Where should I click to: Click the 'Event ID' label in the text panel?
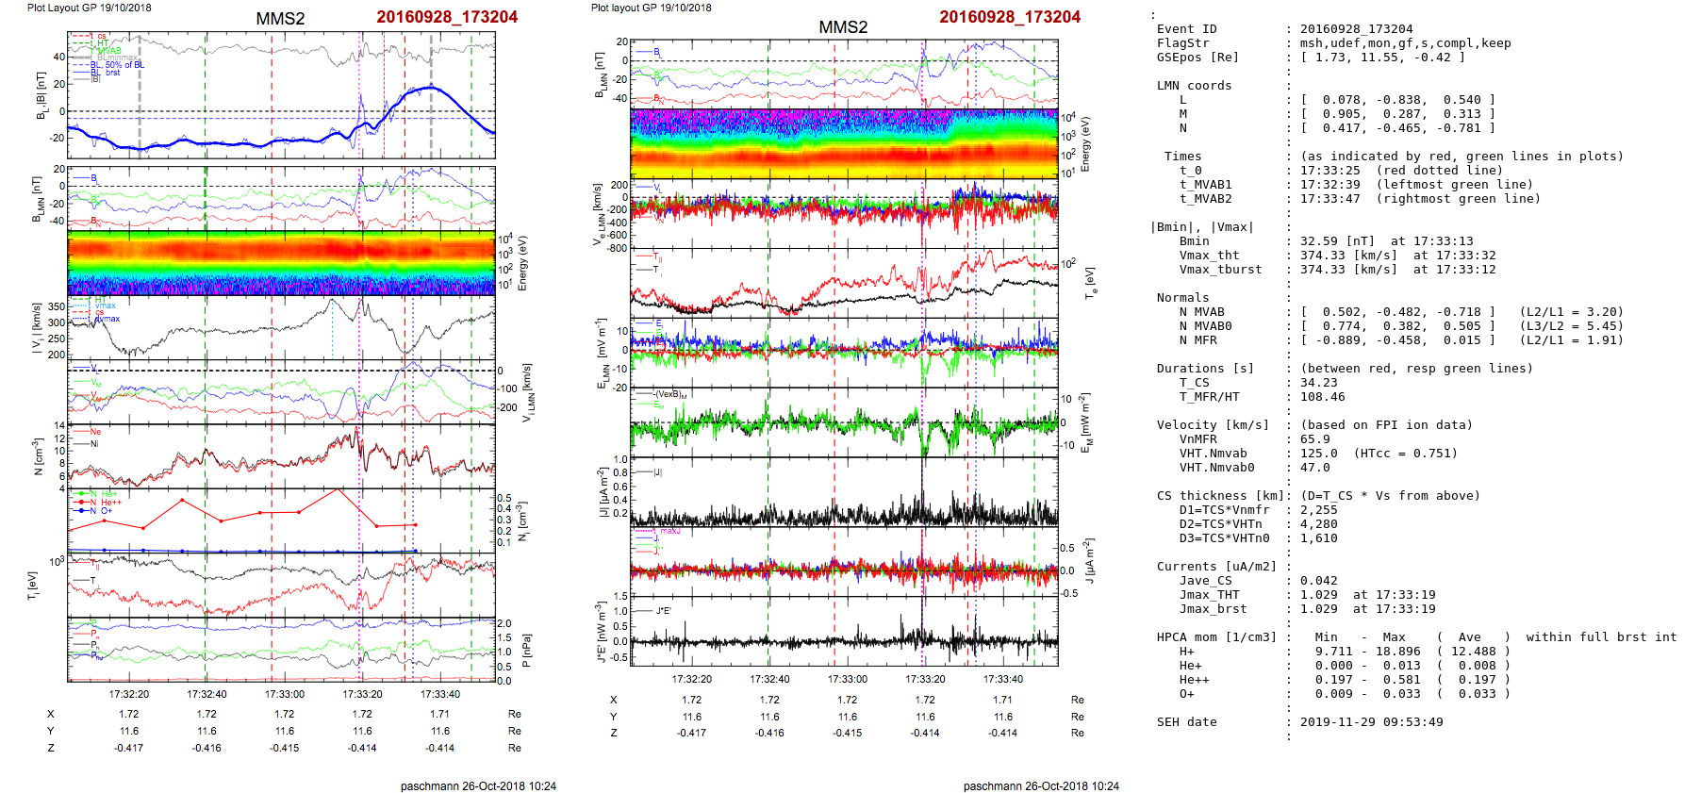[1186, 29]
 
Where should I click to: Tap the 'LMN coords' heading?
[1194, 86]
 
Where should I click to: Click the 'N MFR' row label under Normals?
[1197, 340]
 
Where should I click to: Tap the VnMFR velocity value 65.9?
[1315, 439]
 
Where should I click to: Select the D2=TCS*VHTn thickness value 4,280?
[1319, 524]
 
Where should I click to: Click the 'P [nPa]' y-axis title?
[526, 651]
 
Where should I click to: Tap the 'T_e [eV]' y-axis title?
[1090, 281]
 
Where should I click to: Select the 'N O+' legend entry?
[100, 511]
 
